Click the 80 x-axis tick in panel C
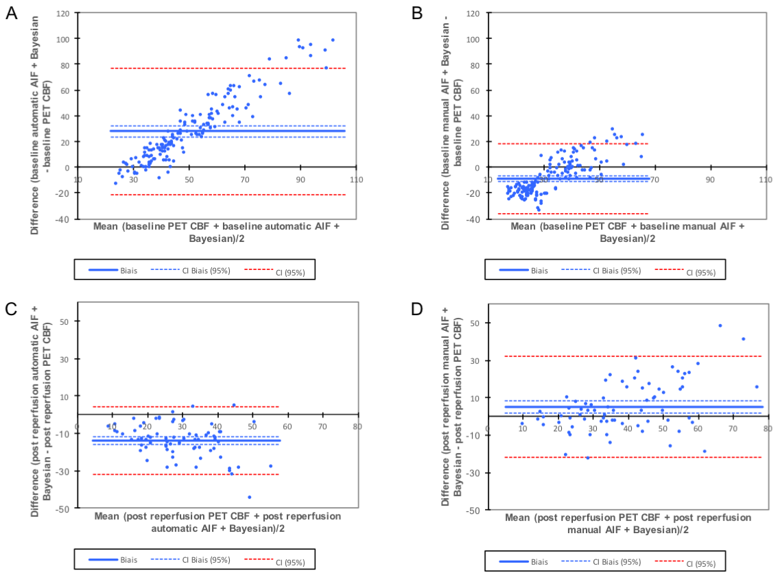pos(357,426)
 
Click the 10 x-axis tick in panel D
pos(522,428)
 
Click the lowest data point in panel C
pos(249,497)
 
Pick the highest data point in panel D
pos(720,326)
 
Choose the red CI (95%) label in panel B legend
pos(700,272)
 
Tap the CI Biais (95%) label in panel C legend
pos(206,560)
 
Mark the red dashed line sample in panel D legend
pos(669,561)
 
